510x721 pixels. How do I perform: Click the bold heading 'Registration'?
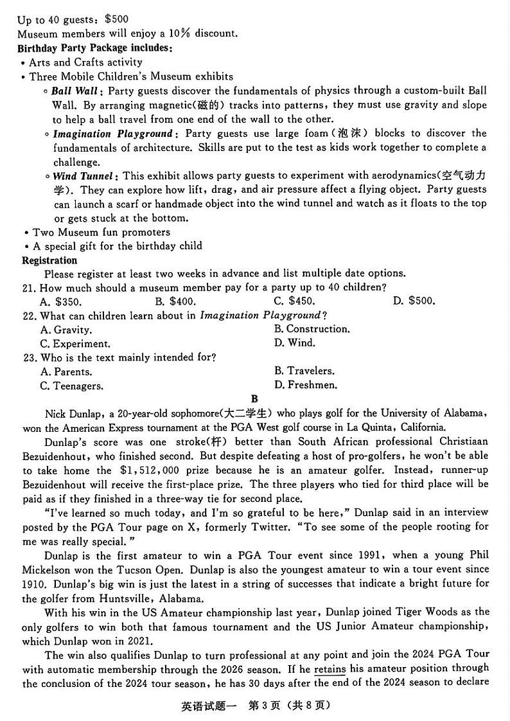click(x=49, y=260)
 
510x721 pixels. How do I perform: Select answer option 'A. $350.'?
click(x=60, y=301)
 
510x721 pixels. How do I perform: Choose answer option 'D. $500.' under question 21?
click(x=414, y=301)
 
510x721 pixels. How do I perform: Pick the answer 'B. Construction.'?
click(x=312, y=329)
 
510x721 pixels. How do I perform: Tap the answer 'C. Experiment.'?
click(x=75, y=344)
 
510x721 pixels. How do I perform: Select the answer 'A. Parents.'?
click(x=66, y=371)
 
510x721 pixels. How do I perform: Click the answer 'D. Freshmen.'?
click(x=306, y=386)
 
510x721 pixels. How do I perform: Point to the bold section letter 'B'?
click(x=254, y=399)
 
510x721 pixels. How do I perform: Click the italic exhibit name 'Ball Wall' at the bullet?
click(x=75, y=91)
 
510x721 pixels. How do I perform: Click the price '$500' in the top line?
click(x=116, y=19)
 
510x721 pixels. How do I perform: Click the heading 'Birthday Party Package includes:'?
click(x=94, y=48)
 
